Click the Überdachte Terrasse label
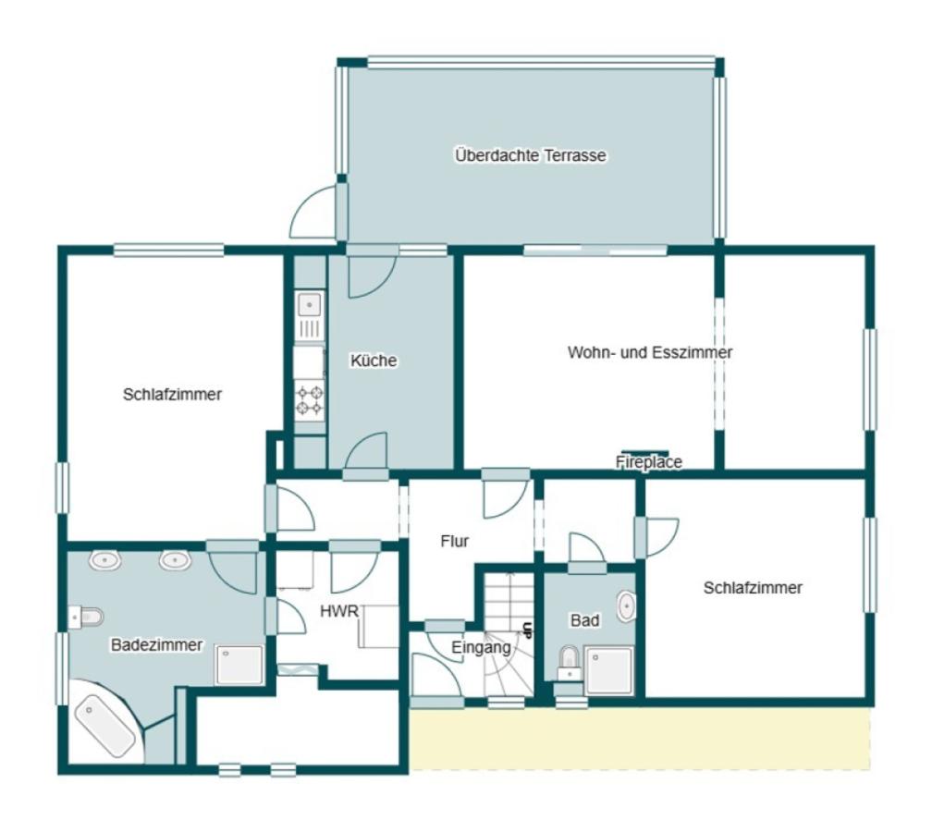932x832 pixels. coord(531,155)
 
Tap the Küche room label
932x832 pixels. coord(374,361)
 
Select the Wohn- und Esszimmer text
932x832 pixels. coord(650,352)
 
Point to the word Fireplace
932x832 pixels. coord(648,462)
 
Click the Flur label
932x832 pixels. coord(455,542)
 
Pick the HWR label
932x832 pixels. coord(338,612)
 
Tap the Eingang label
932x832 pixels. coord(481,648)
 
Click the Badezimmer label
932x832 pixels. coord(157,645)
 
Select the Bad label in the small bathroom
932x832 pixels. coord(585,620)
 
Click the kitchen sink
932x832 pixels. coord(309,315)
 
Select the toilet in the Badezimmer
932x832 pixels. coord(86,618)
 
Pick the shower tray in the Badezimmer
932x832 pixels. coord(239,665)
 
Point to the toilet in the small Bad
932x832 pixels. coord(569,663)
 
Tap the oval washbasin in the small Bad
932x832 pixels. coord(626,606)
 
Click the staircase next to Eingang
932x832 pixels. coord(507,635)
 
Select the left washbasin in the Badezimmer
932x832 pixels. coord(105,560)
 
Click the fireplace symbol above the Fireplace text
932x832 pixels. coord(645,453)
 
